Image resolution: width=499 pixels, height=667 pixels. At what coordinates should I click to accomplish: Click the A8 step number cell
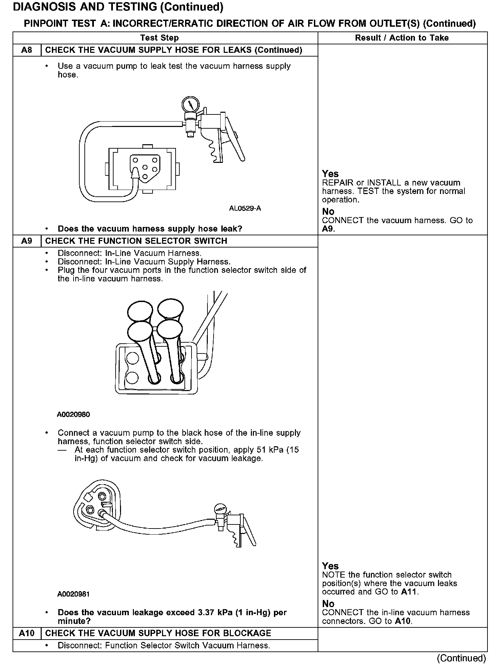click(27, 50)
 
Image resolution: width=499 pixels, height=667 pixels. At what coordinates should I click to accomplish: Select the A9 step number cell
click(27, 241)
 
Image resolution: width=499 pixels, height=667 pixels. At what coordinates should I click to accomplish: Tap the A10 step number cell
click(27, 633)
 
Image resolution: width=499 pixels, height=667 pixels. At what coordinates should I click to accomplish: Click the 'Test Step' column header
click(159, 38)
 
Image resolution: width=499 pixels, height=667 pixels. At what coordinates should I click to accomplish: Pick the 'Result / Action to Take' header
click(402, 38)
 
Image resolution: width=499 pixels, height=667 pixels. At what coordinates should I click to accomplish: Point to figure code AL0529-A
click(245, 208)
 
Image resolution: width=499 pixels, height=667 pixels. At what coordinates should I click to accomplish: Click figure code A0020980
click(74, 414)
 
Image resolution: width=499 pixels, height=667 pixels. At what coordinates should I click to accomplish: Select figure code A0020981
click(74, 594)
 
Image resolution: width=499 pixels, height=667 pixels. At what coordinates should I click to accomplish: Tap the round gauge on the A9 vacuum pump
click(220, 510)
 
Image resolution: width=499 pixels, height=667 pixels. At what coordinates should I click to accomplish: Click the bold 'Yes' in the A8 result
click(330, 174)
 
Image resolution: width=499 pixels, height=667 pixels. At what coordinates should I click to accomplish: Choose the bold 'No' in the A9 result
click(328, 604)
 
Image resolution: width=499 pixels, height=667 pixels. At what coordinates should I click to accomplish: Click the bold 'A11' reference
click(410, 592)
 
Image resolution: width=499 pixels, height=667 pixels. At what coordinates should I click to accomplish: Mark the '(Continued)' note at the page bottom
click(462, 658)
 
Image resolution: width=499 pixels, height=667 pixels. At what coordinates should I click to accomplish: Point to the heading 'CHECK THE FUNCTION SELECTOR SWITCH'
click(136, 241)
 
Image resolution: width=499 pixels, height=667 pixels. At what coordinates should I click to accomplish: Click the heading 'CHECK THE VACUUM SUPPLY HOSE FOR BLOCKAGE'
click(158, 633)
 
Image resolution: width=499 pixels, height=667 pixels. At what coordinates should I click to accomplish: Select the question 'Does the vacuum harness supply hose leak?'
click(150, 229)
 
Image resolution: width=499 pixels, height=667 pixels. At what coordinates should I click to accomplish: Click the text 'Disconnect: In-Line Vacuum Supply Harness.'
click(144, 262)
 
